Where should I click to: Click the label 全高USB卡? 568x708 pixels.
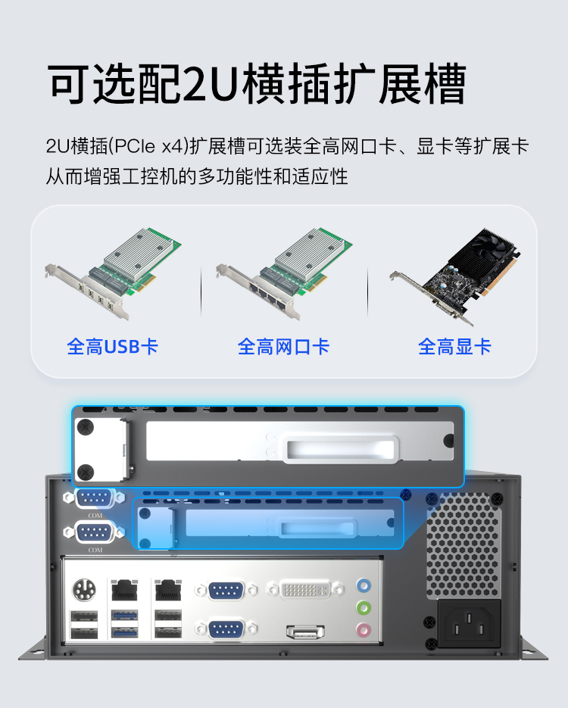point(112,347)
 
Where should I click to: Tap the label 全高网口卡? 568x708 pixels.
point(283,347)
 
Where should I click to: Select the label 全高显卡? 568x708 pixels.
point(454,347)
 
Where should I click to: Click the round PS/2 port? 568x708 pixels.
point(84,590)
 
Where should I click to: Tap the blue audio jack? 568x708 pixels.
point(364,586)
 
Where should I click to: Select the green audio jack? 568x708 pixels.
point(364,608)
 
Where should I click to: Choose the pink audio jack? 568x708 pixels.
point(364,629)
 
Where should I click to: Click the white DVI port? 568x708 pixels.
point(306,590)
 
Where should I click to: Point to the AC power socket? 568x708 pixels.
point(469,624)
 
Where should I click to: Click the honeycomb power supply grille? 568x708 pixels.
point(463,545)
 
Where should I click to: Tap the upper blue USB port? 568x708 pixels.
point(125,616)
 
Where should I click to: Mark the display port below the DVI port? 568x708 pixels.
point(305,632)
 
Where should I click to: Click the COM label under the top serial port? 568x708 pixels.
point(95,515)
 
